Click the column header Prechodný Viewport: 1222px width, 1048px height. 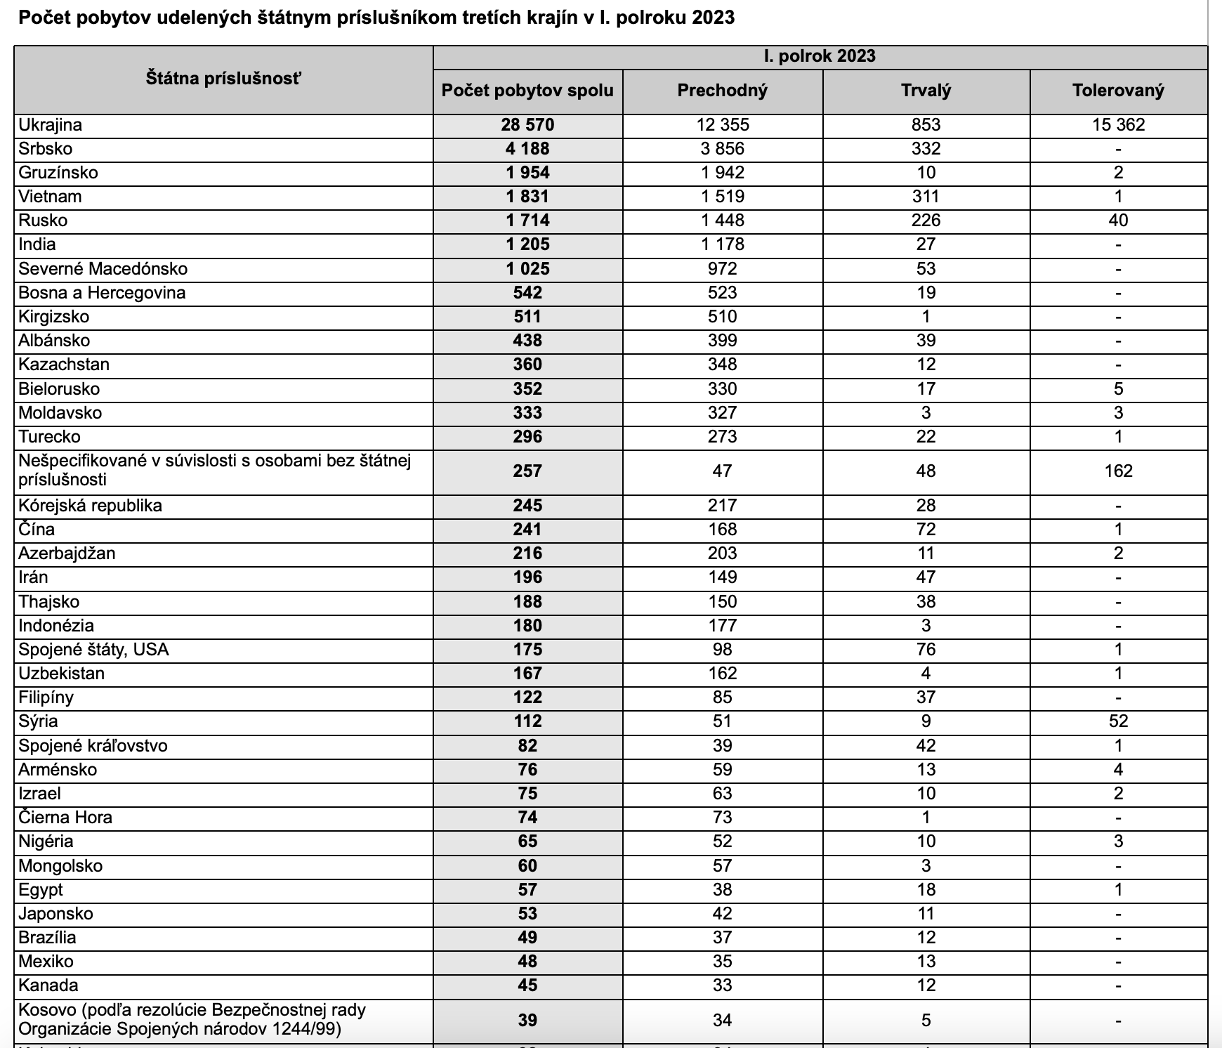pyautogui.click(x=722, y=91)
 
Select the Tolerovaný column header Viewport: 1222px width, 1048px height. pyautogui.click(x=1118, y=91)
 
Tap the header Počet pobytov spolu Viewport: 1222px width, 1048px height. pyautogui.click(x=527, y=91)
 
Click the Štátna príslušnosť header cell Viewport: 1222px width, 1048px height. pyautogui.click(x=223, y=79)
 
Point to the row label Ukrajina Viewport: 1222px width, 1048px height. pyautogui.click(x=51, y=125)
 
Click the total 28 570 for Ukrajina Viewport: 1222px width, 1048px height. pyautogui.click(x=527, y=125)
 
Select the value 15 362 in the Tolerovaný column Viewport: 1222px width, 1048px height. pyautogui.click(x=1118, y=125)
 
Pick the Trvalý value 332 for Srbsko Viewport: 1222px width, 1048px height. pyautogui.click(x=926, y=149)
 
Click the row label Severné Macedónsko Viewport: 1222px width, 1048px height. pyautogui.click(x=103, y=269)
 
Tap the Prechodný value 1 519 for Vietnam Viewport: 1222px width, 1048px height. pyautogui.click(x=722, y=197)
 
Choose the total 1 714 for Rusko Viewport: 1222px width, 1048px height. pyautogui.click(x=527, y=221)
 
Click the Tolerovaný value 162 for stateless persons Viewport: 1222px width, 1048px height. pyautogui.click(x=1118, y=471)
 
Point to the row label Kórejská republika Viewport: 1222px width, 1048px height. pyautogui.click(x=91, y=506)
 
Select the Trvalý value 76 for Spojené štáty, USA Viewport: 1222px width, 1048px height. pyautogui.click(x=926, y=650)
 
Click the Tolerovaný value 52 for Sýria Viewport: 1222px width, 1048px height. pyautogui.click(x=1118, y=721)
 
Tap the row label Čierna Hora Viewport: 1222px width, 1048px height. pyautogui.click(x=65, y=818)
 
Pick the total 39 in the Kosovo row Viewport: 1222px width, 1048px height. pyautogui.click(x=527, y=1020)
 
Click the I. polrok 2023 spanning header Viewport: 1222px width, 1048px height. pyautogui.click(x=820, y=56)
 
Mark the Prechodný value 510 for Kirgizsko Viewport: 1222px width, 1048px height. pyautogui.click(x=722, y=317)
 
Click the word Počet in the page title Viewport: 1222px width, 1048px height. pyautogui.click(x=44, y=18)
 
